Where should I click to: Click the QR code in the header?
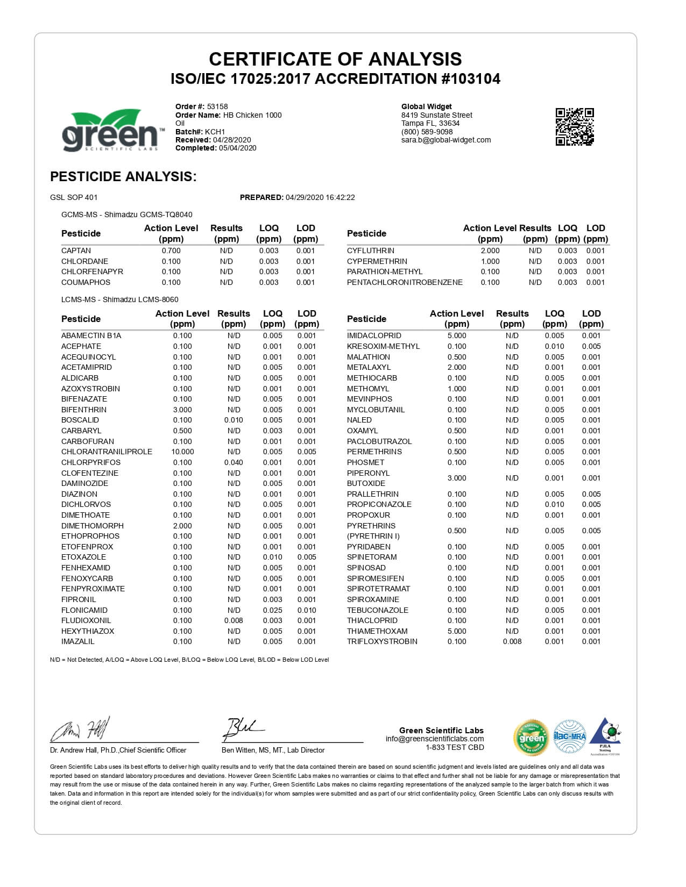574,126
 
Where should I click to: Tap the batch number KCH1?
215,132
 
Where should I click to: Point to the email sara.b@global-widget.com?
446,140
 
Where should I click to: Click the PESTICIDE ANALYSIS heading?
123,176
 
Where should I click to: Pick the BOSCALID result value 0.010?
234,420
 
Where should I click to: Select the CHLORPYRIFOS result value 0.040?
234,462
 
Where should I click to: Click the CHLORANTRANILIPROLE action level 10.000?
182,452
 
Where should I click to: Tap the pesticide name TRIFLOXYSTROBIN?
382,641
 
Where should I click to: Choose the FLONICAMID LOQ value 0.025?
272,610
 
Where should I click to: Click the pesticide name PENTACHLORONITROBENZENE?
405,282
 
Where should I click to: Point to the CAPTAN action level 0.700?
171,251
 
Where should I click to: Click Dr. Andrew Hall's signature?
81,730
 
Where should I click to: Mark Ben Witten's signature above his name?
245,729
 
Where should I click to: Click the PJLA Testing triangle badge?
605,736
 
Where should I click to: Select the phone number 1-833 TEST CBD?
455,747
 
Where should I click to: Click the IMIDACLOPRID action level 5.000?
457,335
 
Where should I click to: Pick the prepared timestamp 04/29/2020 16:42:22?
320,197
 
